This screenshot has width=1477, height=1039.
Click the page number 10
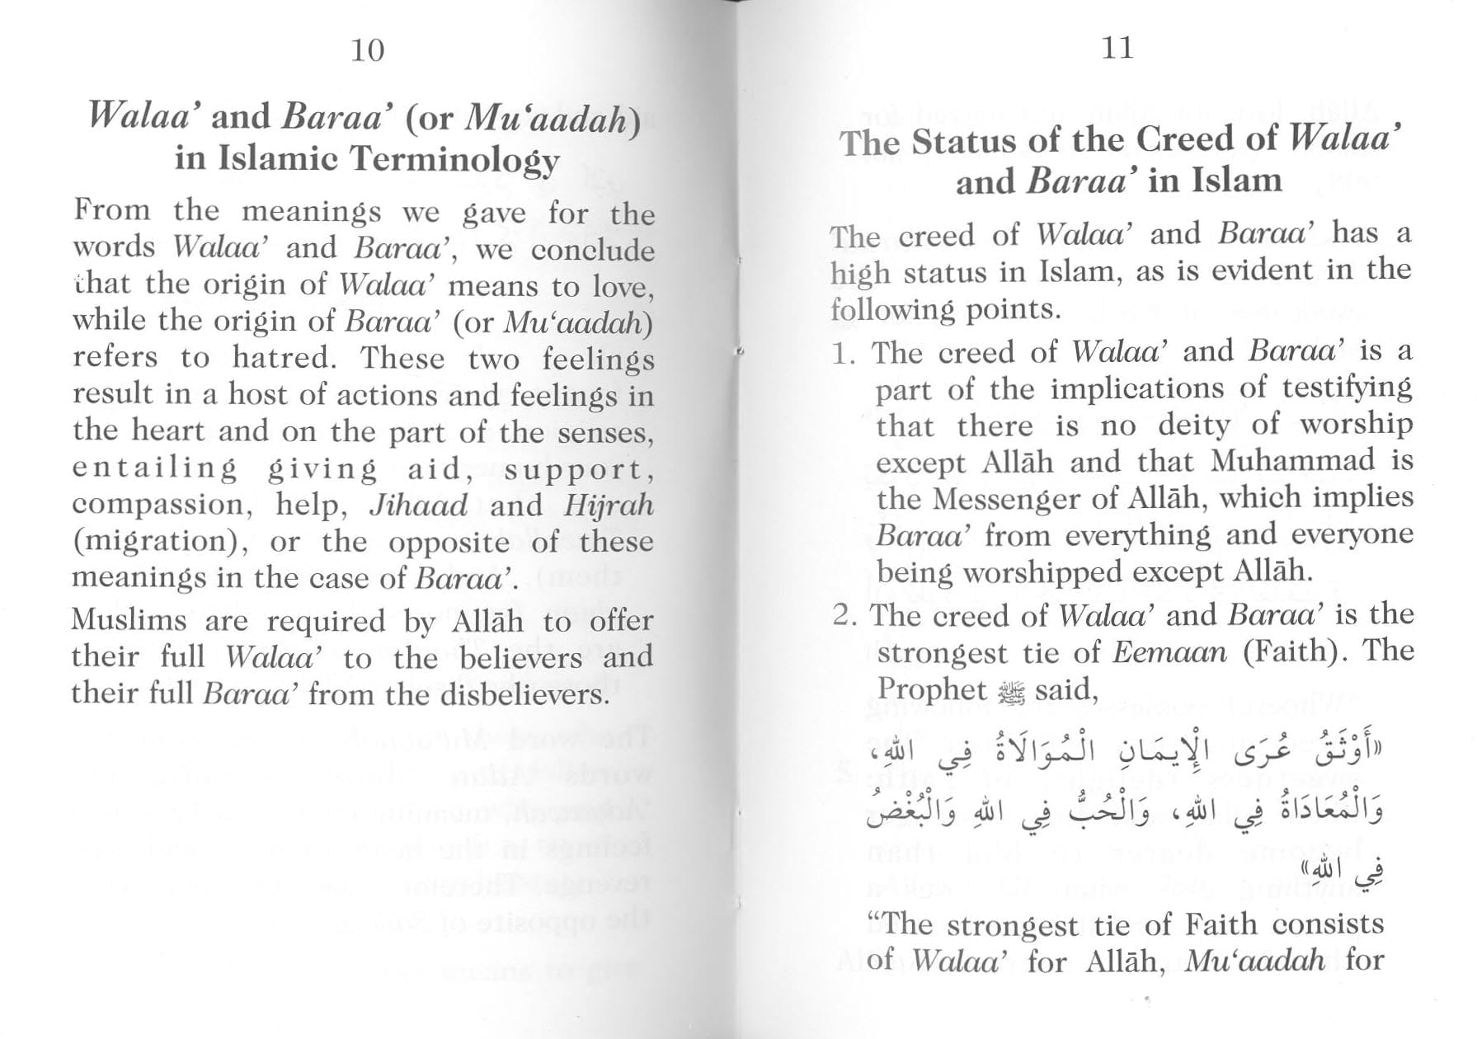pyautogui.click(x=368, y=50)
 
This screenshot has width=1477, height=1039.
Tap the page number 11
pyautogui.click(x=1117, y=48)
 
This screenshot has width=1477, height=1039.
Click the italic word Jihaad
pyautogui.click(x=418, y=505)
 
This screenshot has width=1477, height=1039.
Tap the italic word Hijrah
pyautogui.click(x=609, y=505)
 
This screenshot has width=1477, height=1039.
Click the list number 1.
pyautogui.click(x=842, y=354)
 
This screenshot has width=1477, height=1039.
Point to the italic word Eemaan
pyautogui.click(x=1169, y=652)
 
